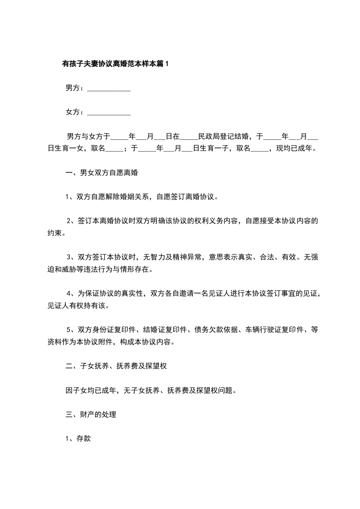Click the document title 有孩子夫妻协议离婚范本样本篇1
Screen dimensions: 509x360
click(x=115, y=64)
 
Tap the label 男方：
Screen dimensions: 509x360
click(x=75, y=88)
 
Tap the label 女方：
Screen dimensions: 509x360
click(x=75, y=112)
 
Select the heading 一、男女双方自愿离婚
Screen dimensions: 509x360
click(x=102, y=172)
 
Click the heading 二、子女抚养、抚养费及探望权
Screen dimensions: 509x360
click(x=117, y=366)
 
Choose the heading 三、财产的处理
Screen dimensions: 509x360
click(x=91, y=414)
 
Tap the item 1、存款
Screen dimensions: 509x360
click(x=79, y=438)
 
